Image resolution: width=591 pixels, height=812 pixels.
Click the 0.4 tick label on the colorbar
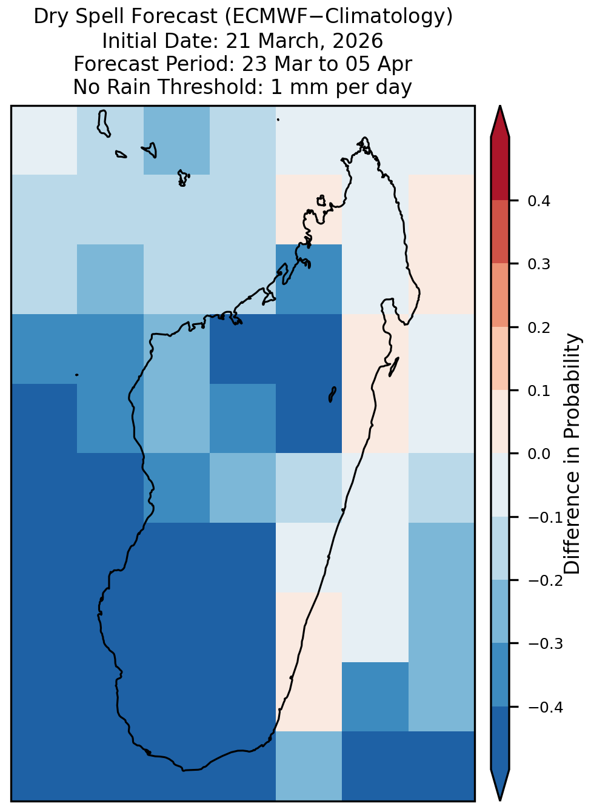tap(538, 201)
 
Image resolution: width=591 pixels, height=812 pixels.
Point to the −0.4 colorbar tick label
tap(546, 707)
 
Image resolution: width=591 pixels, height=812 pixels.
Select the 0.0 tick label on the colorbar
tap(538, 454)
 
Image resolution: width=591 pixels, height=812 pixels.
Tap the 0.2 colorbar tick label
tap(538, 327)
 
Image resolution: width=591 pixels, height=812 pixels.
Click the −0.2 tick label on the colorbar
tap(546, 581)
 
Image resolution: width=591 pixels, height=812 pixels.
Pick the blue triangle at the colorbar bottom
tap(499, 785)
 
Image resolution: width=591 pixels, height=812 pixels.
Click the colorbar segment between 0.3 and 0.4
tap(500, 232)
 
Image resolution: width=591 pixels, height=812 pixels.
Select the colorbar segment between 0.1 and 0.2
tap(500, 358)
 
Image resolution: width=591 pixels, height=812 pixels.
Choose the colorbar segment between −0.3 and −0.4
tap(500, 675)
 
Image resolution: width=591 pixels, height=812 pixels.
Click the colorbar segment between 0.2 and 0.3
tap(500, 295)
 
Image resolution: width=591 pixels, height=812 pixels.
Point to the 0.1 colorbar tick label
tap(538, 391)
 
